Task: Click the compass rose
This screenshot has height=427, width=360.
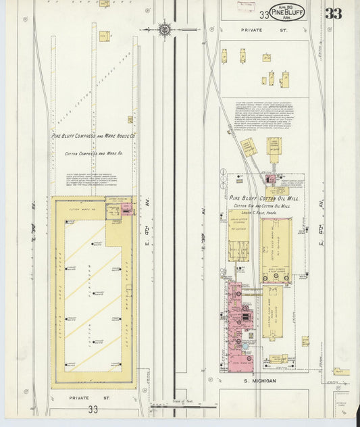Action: [165, 29]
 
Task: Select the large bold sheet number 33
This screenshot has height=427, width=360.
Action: [332, 14]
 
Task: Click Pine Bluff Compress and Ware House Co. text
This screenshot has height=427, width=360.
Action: [94, 136]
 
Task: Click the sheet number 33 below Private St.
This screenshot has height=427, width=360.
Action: [93, 409]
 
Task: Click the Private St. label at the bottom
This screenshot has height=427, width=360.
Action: [84, 398]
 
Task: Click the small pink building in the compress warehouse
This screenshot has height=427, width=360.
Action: [128, 208]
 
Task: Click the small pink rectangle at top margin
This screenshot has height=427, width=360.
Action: [245, 5]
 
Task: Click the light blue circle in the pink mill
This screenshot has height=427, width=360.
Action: [249, 358]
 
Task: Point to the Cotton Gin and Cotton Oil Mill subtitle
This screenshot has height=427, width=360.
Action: [262, 206]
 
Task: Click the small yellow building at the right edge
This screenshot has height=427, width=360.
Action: [340, 372]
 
